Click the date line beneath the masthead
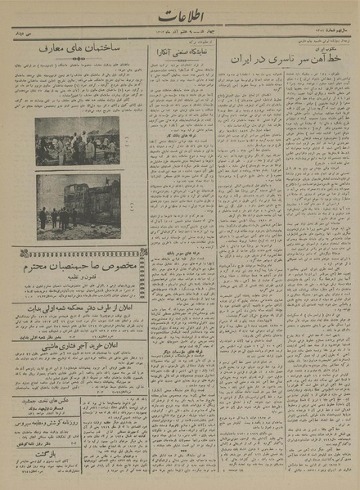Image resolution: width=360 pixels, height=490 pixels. pos(180,37)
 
